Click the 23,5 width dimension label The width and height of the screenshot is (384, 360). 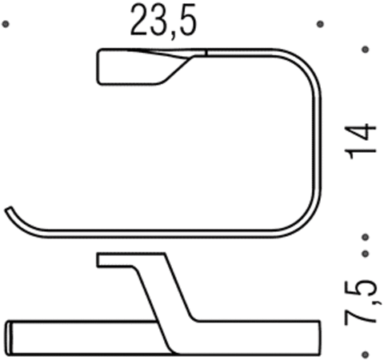(163, 24)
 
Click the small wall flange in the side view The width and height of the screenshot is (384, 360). (112, 260)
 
